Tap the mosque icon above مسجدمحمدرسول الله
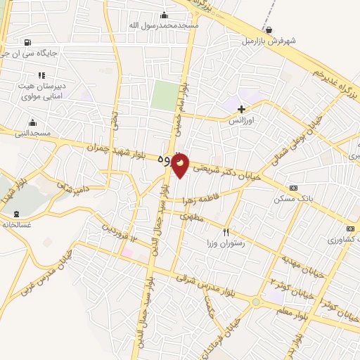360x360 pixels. pyautogui.click(x=165, y=15)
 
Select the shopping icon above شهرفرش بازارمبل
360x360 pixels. pyautogui.click(x=269, y=30)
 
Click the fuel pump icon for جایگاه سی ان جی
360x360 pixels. pyautogui.click(x=27, y=42)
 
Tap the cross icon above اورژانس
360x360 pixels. pyautogui.click(x=242, y=109)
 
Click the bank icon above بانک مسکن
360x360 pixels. pyautogui.click(x=293, y=188)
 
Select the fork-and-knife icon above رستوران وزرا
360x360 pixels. pyautogui.click(x=226, y=232)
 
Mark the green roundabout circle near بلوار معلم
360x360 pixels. pyautogui.click(x=257, y=302)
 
